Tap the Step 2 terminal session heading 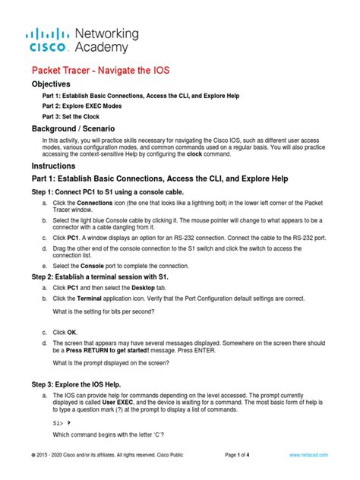(110, 280)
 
